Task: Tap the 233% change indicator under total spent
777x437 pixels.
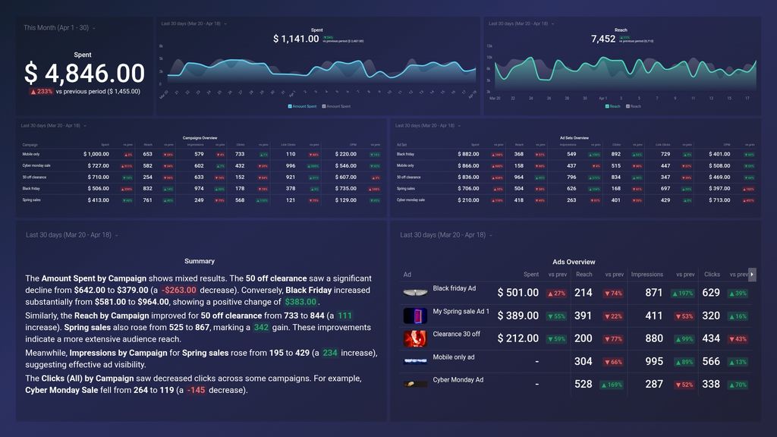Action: point(41,91)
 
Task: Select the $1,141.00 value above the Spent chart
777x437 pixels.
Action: point(296,39)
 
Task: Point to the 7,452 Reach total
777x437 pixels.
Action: point(603,39)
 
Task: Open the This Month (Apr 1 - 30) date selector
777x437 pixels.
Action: point(59,28)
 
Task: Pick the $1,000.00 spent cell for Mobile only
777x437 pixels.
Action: point(102,154)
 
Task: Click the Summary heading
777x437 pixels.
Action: point(200,261)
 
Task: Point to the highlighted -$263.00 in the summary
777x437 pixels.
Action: point(178,290)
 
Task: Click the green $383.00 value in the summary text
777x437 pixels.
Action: point(300,301)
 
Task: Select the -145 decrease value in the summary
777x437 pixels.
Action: point(196,391)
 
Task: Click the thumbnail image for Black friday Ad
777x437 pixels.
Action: point(415,293)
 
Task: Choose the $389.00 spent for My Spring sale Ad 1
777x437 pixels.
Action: point(518,316)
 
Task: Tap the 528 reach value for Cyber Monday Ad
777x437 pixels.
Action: point(583,385)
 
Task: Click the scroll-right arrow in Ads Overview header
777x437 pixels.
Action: point(752,274)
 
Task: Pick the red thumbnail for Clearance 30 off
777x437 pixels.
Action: point(415,338)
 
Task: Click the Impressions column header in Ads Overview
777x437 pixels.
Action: point(646,275)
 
